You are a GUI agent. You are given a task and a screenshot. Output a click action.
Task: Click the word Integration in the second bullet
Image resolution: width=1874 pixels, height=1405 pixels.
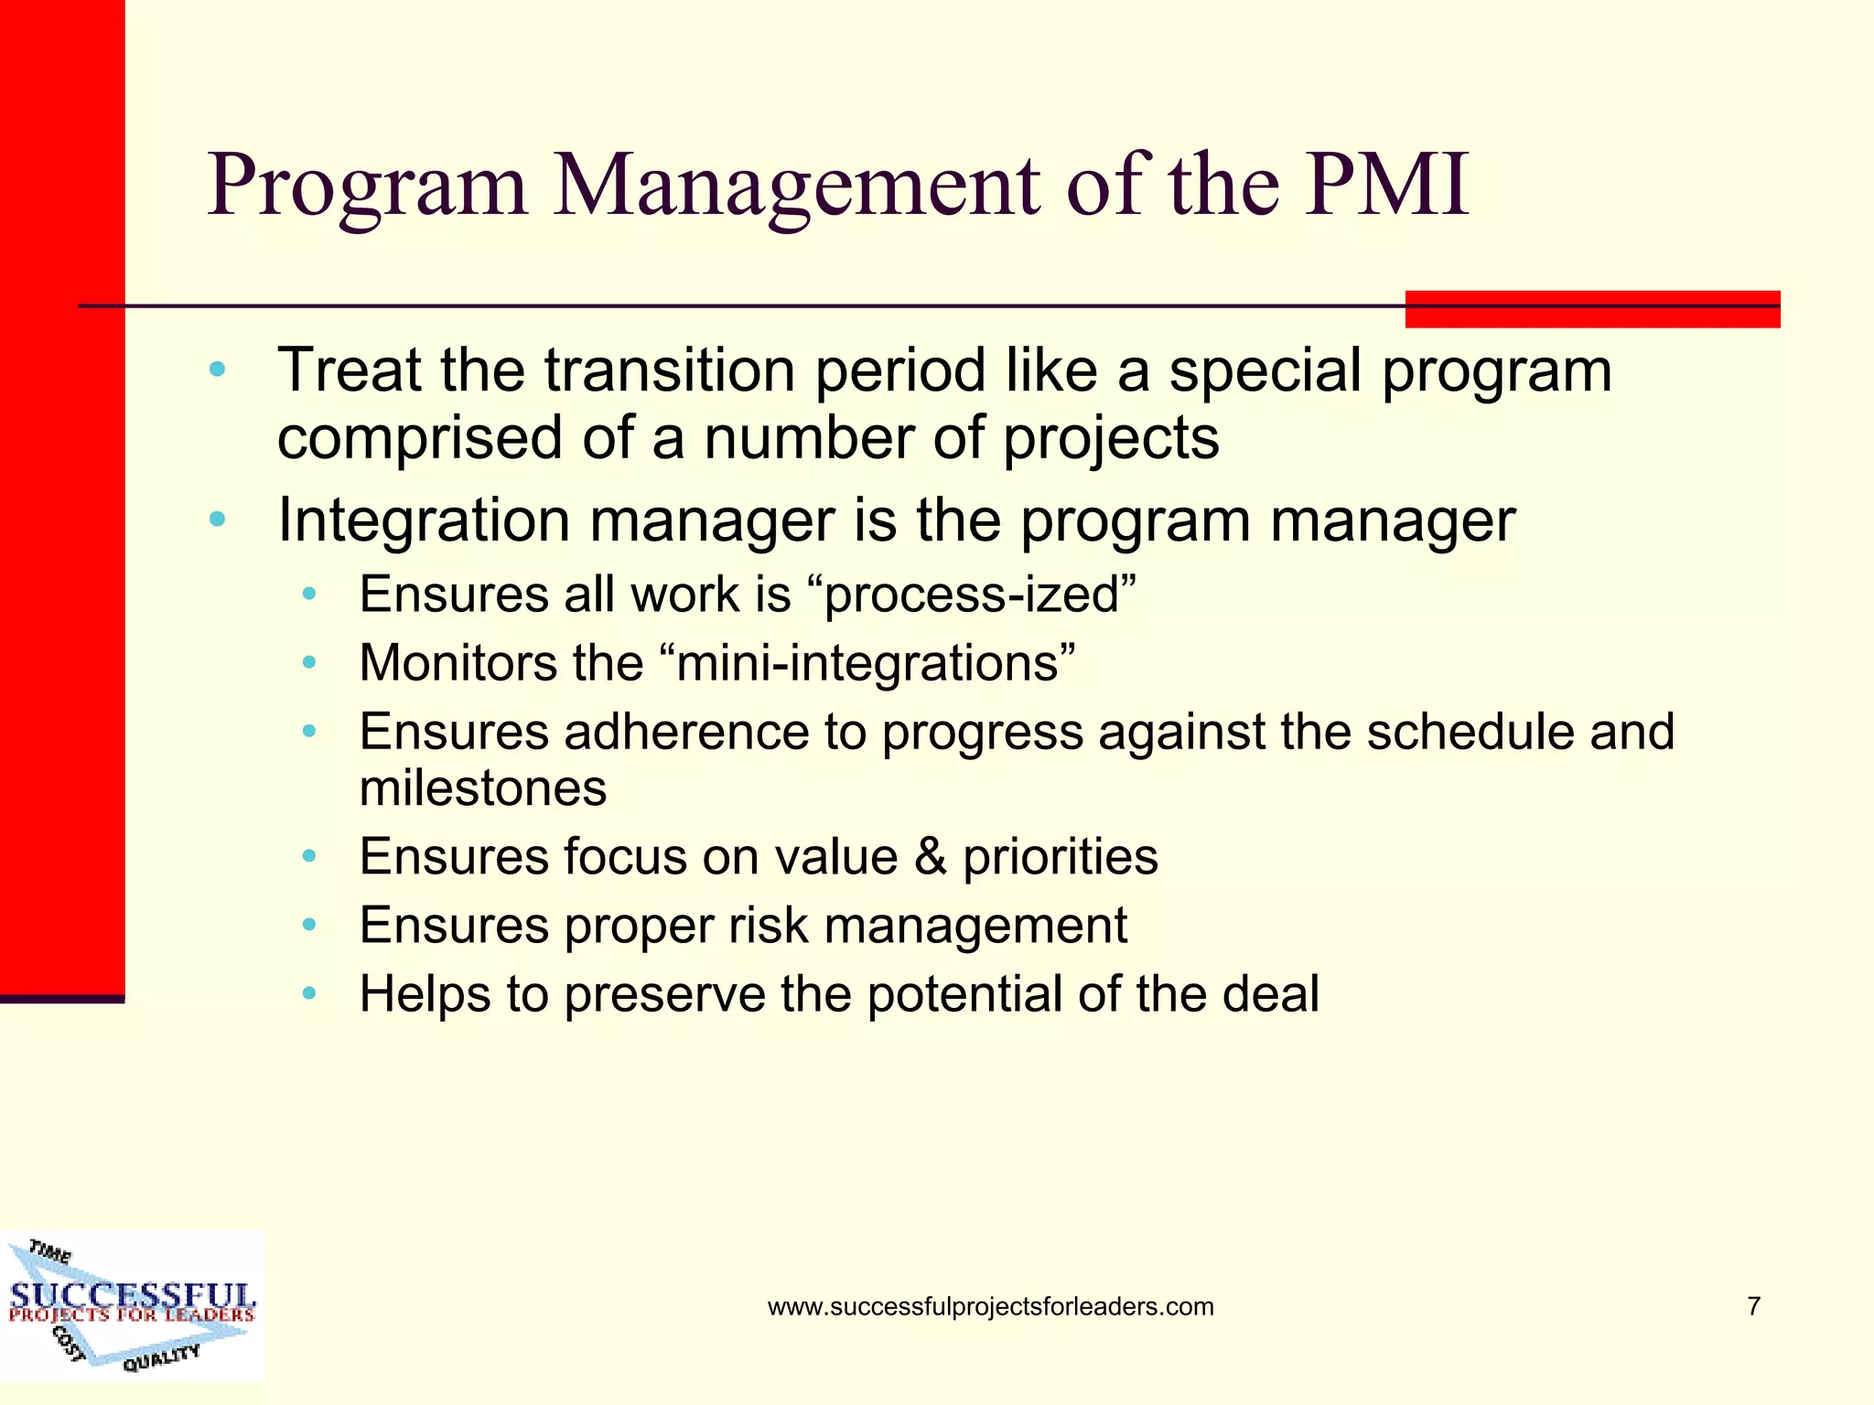(x=424, y=520)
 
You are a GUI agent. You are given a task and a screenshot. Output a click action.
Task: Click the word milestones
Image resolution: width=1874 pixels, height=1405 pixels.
(x=483, y=788)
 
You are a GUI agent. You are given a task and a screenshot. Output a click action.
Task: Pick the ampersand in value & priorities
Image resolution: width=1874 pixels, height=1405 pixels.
(x=930, y=857)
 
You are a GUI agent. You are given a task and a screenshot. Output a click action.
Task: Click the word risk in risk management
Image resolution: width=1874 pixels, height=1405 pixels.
(x=768, y=925)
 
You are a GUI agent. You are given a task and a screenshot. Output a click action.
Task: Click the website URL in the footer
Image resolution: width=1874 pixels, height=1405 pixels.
(x=990, y=1306)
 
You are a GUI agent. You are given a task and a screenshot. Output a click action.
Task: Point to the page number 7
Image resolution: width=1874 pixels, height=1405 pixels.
(x=1753, y=1306)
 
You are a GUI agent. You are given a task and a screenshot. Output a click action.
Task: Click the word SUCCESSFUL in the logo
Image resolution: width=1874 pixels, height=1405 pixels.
(x=133, y=1295)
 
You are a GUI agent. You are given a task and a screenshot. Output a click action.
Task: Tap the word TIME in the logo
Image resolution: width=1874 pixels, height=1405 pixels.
(x=50, y=1251)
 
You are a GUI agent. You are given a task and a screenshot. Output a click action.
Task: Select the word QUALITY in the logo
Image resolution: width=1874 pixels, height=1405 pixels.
(x=161, y=1358)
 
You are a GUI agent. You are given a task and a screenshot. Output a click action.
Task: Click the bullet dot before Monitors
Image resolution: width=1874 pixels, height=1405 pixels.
(x=309, y=663)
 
